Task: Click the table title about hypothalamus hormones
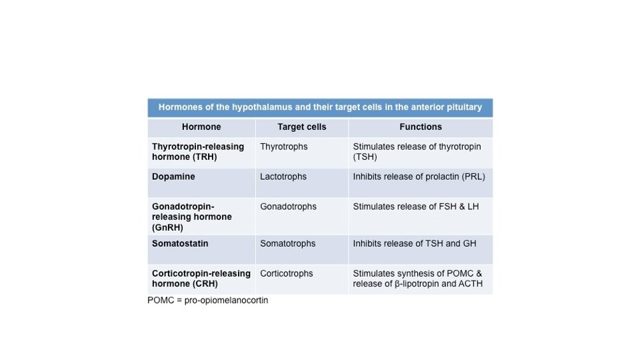click(x=320, y=107)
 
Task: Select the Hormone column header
click(x=201, y=127)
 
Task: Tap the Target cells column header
click(x=302, y=127)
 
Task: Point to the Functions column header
click(x=421, y=127)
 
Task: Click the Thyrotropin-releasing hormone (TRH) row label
click(x=198, y=152)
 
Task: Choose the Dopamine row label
click(x=173, y=177)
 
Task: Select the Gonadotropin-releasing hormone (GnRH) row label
click(x=192, y=217)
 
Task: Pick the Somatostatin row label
click(x=180, y=243)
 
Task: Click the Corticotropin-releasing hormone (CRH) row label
click(x=201, y=279)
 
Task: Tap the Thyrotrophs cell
click(x=284, y=147)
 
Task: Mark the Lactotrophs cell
click(x=283, y=177)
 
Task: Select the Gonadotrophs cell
click(x=288, y=207)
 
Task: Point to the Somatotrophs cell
click(x=288, y=243)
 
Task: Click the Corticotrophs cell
click(x=287, y=273)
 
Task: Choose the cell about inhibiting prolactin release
click(x=419, y=177)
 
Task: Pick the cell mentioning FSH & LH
click(x=416, y=207)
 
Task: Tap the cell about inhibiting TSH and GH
click(x=415, y=243)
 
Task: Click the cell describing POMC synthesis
click(x=418, y=279)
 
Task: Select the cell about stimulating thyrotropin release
click(x=417, y=152)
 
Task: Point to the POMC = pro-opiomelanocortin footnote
click(x=208, y=301)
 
